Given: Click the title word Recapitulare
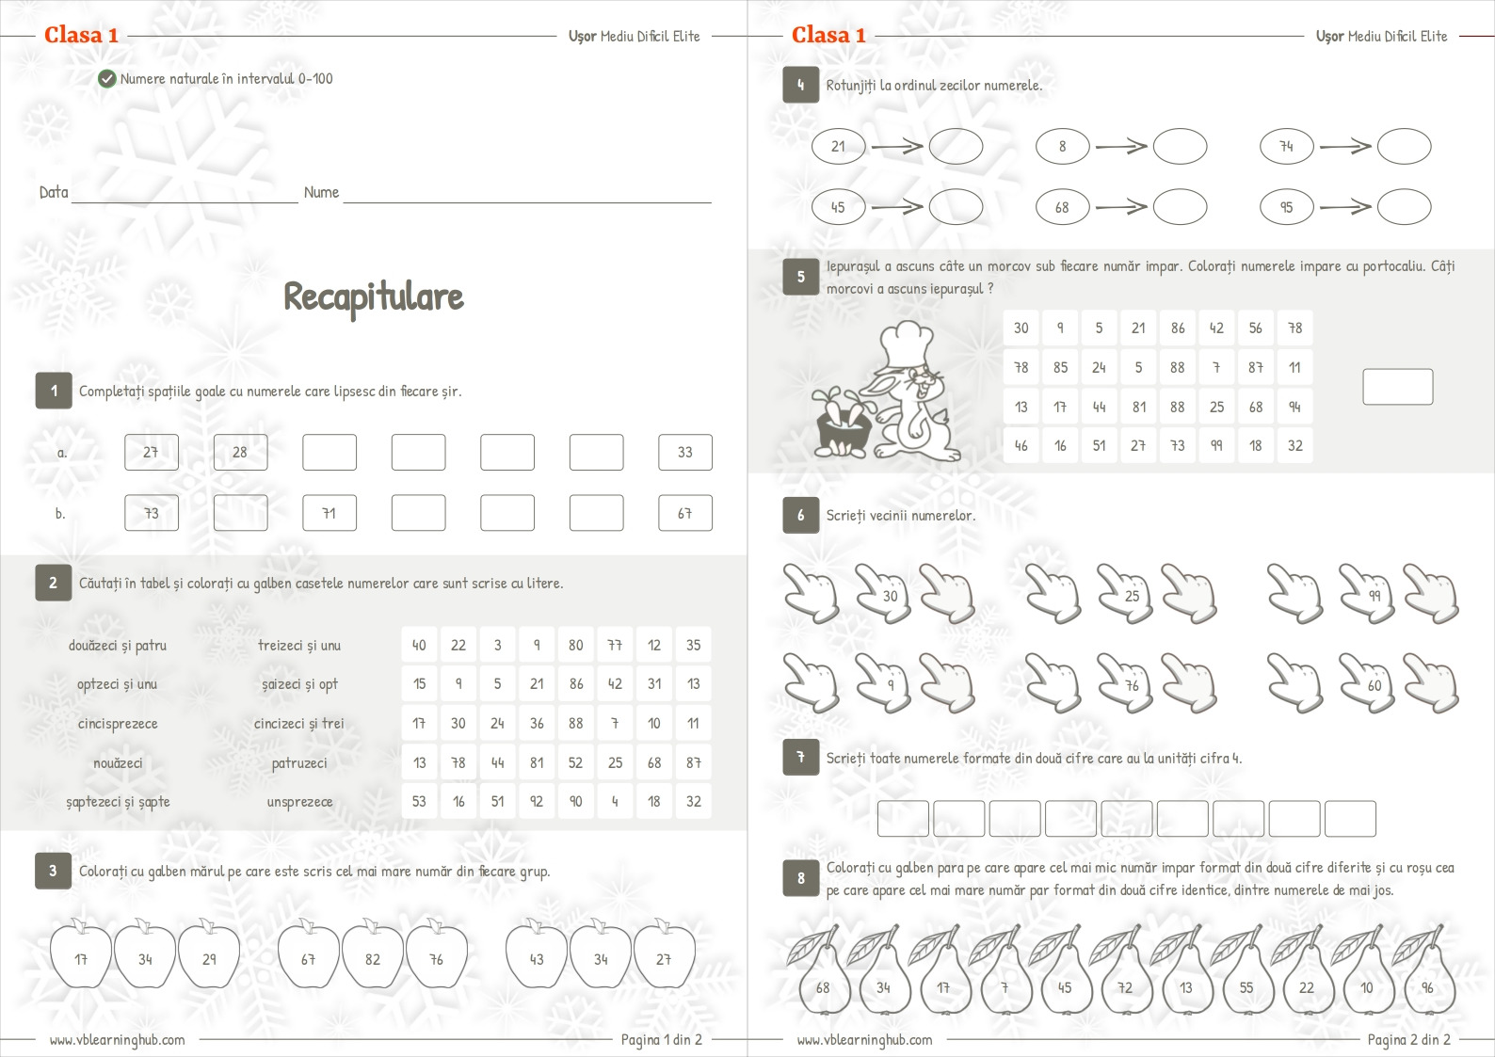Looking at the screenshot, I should [x=374, y=296].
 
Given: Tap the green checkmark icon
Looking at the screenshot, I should [x=107, y=79].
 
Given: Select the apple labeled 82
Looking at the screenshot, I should [x=373, y=957].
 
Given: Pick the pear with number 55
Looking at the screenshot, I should [x=1246, y=984].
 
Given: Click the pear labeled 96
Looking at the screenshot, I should [x=1427, y=984].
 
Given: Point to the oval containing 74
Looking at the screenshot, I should [x=1286, y=147].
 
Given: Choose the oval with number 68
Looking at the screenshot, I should [x=1062, y=208].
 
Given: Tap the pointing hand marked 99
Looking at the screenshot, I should [x=1370, y=594].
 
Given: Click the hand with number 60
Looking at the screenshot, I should [x=1370, y=683].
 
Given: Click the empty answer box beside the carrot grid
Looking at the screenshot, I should [x=1397, y=387].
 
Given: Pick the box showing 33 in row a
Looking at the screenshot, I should [x=684, y=453].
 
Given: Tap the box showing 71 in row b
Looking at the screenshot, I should [x=329, y=514].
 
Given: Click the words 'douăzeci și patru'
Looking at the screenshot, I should [x=118, y=646].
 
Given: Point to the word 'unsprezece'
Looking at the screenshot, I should [x=299, y=802].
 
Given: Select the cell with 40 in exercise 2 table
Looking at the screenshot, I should [x=419, y=646].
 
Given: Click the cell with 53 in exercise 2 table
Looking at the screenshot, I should [x=419, y=802].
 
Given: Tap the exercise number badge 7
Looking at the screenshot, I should [x=800, y=757].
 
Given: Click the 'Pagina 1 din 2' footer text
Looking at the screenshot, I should [x=661, y=1039].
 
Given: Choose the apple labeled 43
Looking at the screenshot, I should [x=537, y=957].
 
